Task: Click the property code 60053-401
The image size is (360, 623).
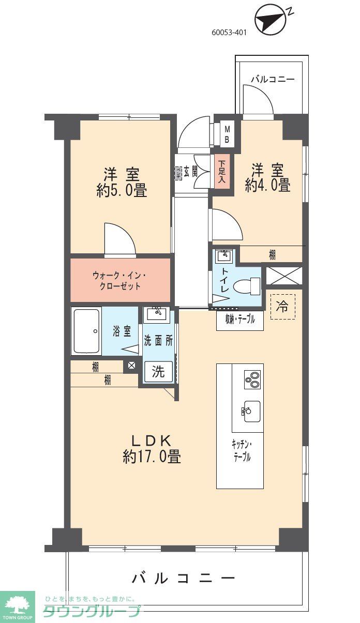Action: [x=229, y=32]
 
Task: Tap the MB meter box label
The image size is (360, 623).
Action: [x=227, y=135]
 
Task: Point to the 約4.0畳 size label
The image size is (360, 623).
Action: [x=267, y=186]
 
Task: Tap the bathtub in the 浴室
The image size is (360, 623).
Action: [x=87, y=331]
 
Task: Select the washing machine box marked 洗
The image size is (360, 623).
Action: [x=158, y=372]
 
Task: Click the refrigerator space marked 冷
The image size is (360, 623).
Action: [x=282, y=307]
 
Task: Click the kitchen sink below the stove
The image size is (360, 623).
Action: [x=248, y=411]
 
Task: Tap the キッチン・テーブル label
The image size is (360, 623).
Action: [x=241, y=450]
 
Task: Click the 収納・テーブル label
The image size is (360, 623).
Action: [x=239, y=320]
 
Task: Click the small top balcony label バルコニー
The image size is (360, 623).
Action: [x=273, y=80]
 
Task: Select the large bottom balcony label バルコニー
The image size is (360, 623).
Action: [x=184, y=578]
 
